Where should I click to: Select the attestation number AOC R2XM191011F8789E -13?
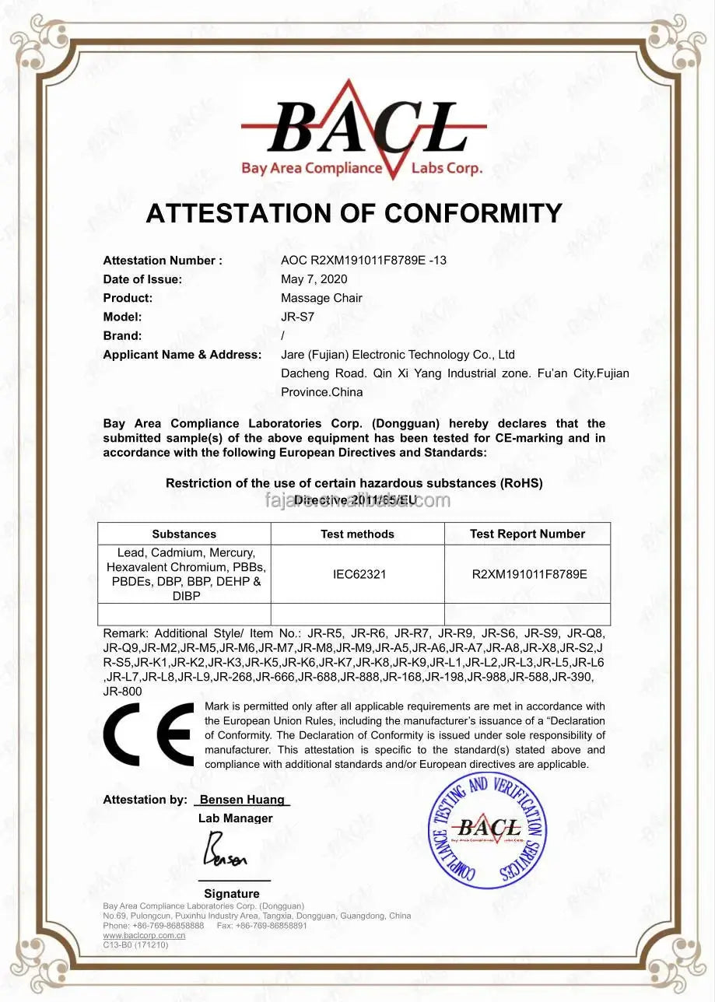tap(363, 261)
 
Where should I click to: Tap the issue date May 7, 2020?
tap(314, 279)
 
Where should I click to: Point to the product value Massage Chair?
tap(321, 298)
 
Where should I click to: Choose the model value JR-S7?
tap(297, 317)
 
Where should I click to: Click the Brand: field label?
tap(122, 336)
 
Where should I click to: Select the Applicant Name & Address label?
tap(182, 355)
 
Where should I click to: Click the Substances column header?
tap(184, 534)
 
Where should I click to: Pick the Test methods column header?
tap(357, 534)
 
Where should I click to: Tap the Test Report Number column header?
tap(527, 534)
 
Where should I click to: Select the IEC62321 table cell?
tap(357, 574)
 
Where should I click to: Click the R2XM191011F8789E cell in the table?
tap(529, 574)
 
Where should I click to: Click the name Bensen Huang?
tap(242, 800)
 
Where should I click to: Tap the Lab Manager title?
tap(235, 818)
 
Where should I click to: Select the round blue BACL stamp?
tap(488, 830)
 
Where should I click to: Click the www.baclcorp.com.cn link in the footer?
tap(144, 936)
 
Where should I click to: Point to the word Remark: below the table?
tap(123, 633)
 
